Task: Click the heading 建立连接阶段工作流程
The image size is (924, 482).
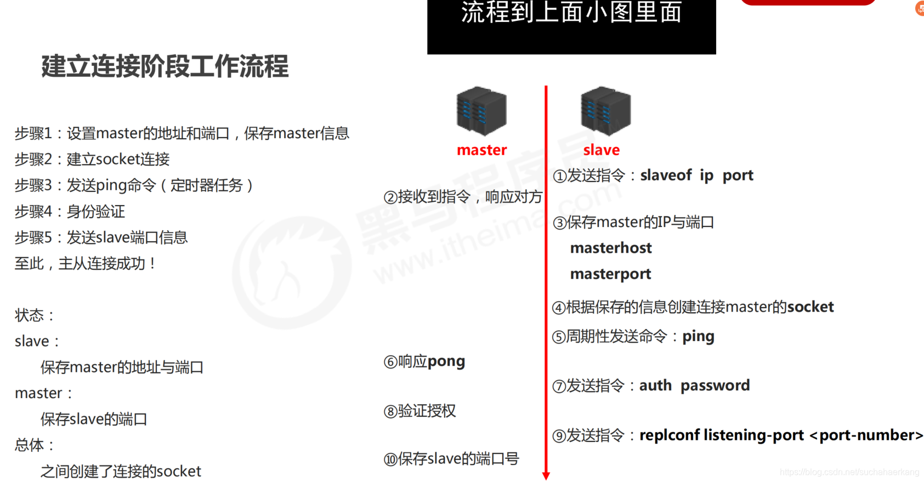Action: click(165, 66)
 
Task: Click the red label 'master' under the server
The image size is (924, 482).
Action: click(481, 150)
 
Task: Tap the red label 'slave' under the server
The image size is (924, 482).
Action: click(601, 150)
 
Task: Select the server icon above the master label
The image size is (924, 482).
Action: click(481, 111)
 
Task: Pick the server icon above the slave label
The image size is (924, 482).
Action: click(605, 111)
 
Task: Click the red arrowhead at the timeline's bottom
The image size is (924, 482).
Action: click(546, 475)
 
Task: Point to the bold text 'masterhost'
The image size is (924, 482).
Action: click(611, 248)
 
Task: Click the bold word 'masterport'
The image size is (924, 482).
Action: click(610, 274)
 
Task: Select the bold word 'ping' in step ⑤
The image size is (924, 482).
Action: click(698, 336)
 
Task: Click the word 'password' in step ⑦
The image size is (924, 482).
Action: click(715, 385)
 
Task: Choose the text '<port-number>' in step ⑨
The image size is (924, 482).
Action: click(866, 435)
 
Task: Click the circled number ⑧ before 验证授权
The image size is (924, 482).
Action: click(390, 411)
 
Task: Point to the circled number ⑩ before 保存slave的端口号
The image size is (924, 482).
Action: click(390, 460)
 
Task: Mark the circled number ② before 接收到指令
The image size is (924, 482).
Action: click(390, 197)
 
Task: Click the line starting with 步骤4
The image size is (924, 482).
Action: click(70, 212)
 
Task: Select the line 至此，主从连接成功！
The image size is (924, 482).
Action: click(85, 264)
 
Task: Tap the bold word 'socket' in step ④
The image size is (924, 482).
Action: click(810, 307)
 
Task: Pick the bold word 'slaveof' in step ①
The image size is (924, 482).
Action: click(666, 175)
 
